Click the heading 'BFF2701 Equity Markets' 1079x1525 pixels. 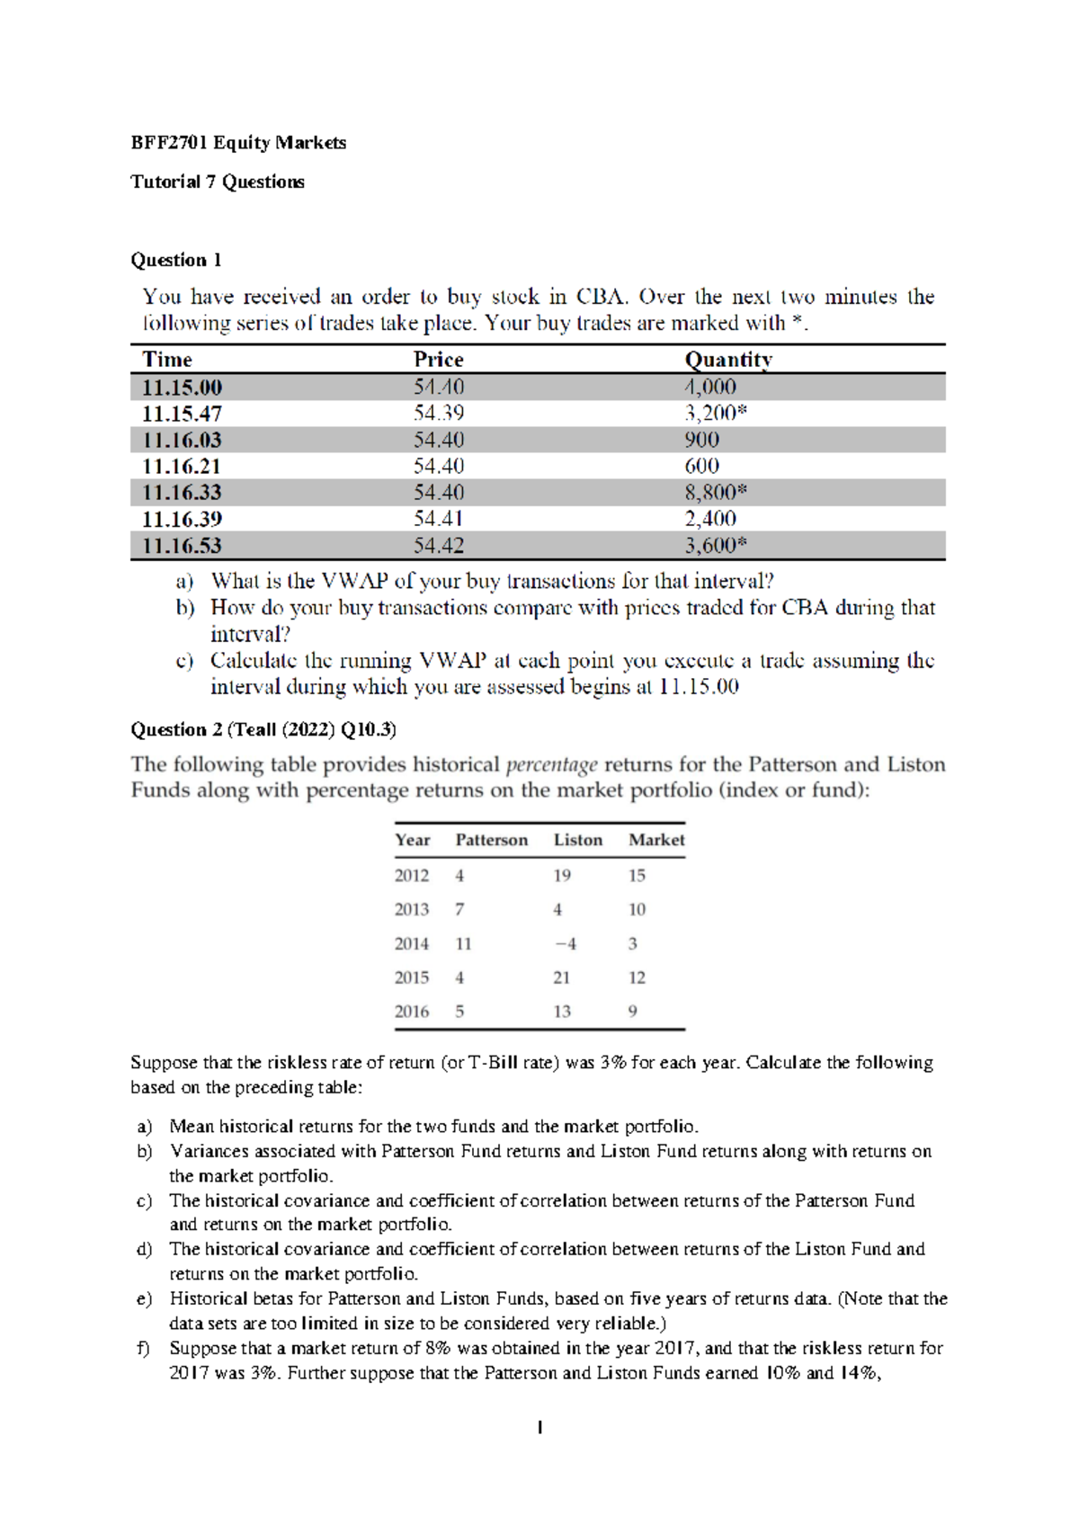238,142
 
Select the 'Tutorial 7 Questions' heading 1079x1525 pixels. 218,182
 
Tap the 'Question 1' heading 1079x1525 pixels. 176,260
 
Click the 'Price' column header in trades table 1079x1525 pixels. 438,360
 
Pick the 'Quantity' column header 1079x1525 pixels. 728,360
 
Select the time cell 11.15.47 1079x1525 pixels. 182,414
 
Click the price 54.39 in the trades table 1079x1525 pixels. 439,414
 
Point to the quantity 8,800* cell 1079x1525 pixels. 716,492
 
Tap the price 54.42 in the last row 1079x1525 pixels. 439,545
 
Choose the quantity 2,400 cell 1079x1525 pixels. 710,519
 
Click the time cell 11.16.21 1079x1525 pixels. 182,466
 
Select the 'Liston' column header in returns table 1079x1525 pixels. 578,840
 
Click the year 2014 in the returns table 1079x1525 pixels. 412,944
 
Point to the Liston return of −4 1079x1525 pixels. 566,944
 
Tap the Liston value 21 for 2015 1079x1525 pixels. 562,977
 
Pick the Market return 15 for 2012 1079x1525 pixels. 637,876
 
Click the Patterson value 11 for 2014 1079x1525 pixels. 463,944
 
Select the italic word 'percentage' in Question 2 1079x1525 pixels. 551,765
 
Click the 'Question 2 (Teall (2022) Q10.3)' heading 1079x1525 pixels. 263,729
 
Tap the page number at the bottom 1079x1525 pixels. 539,1427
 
